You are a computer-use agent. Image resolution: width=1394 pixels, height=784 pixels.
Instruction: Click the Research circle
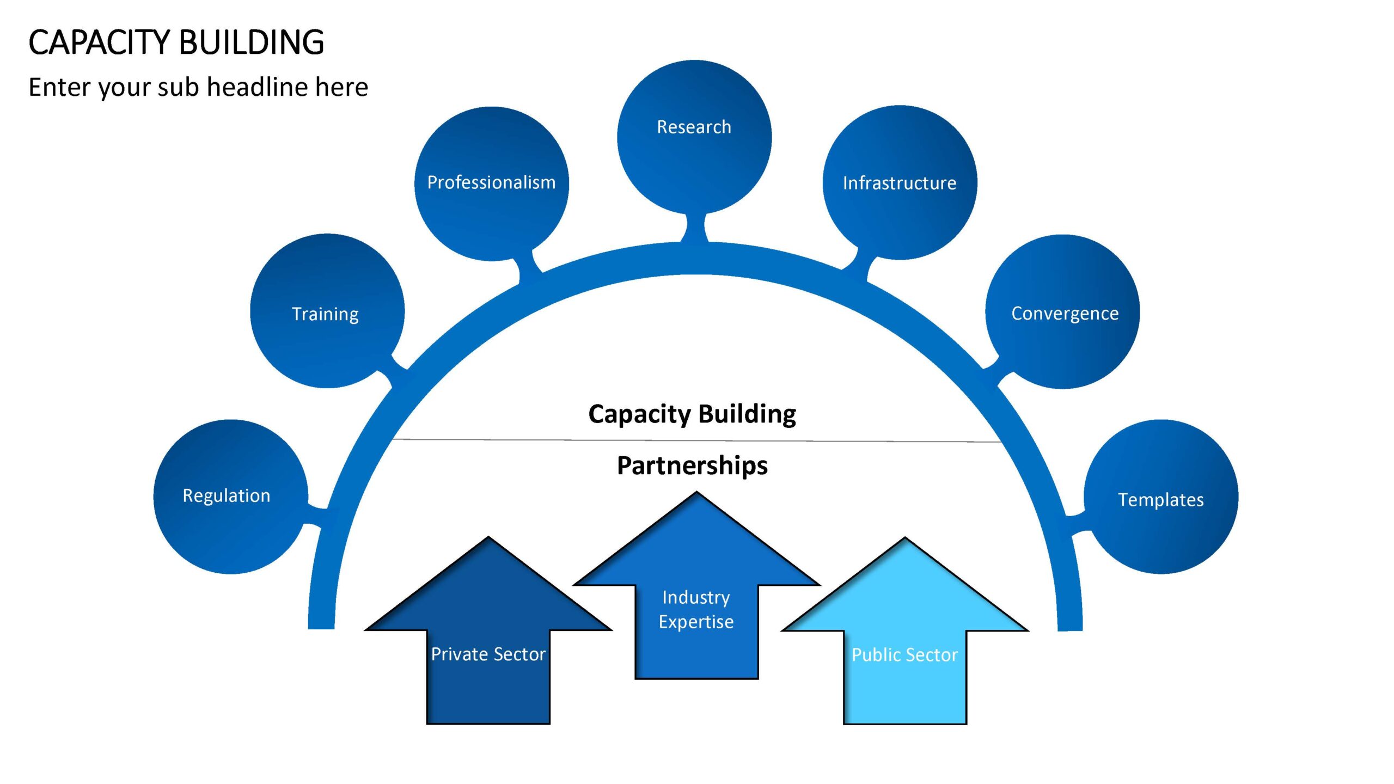click(694, 137)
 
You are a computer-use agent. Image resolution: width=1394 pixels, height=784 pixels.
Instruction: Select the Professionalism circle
click(492, 183)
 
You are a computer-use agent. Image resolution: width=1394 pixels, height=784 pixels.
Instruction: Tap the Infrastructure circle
click(900, 182)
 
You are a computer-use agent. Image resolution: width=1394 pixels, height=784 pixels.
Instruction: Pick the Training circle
click(327, 311)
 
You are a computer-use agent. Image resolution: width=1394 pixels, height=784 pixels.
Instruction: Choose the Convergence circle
click(1062, 311)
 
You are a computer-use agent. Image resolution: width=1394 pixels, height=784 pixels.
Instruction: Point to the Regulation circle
click(231, 497)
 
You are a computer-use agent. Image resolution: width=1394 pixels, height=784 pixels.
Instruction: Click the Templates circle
click(1161, 497)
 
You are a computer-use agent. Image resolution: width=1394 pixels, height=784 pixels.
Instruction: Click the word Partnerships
click(692, 466)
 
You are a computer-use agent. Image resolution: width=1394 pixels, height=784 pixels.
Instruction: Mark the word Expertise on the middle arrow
click(696, 622)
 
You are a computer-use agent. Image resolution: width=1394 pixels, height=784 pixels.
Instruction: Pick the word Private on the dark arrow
click(456, 654)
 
